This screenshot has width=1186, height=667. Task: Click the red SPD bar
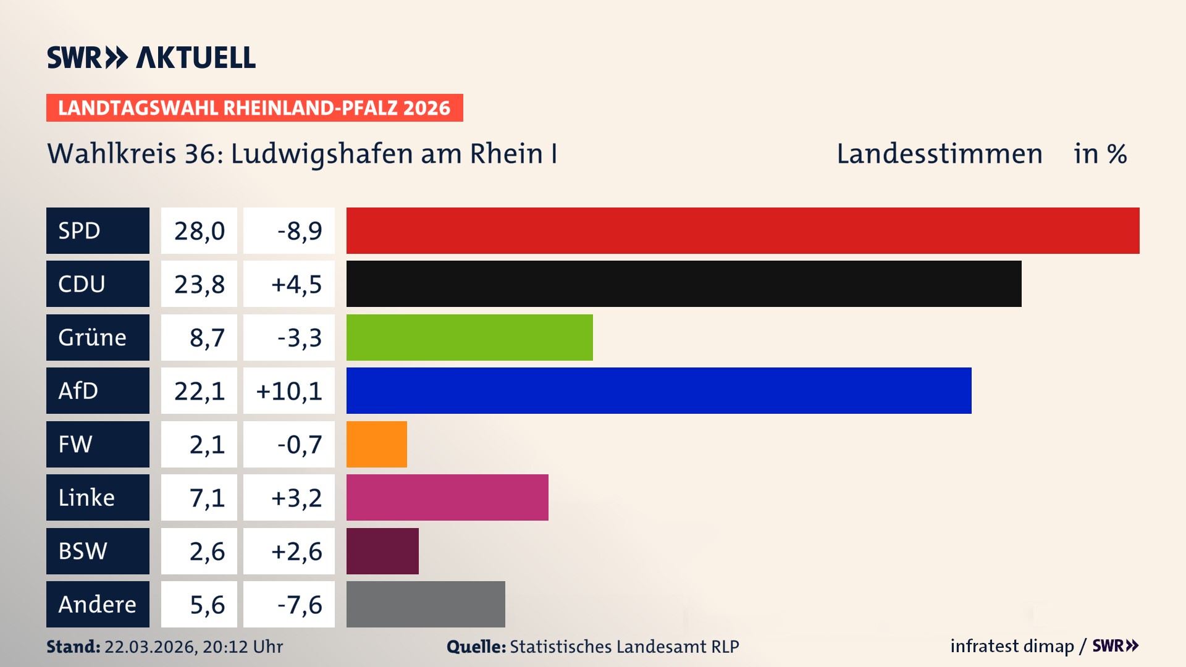pos(742,230)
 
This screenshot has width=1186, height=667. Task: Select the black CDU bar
pos(684,284)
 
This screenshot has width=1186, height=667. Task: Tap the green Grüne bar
pos(469,337)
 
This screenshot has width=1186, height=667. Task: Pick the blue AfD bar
pos(658,390)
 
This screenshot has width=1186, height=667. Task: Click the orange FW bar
pos(377,444)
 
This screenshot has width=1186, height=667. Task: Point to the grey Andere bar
pos(426,604)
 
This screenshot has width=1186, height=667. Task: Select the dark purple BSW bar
pos(382,551)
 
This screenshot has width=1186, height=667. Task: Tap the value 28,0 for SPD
pos(199,231)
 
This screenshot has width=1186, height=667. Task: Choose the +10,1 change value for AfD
pos(289,391)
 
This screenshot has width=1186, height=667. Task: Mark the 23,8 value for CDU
pos(199,284)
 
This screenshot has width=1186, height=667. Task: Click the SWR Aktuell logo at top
pos(151,57)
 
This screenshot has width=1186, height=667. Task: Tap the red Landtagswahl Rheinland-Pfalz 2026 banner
pos(254,108)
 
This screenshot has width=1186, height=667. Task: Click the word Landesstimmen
pos(939,154)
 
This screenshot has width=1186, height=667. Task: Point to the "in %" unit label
pos(1100,154)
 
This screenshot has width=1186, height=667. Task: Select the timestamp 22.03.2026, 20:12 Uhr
pos(193,647)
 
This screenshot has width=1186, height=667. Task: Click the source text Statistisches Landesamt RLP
pos(624,647)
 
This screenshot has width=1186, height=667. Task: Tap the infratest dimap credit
pos(1012,646)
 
